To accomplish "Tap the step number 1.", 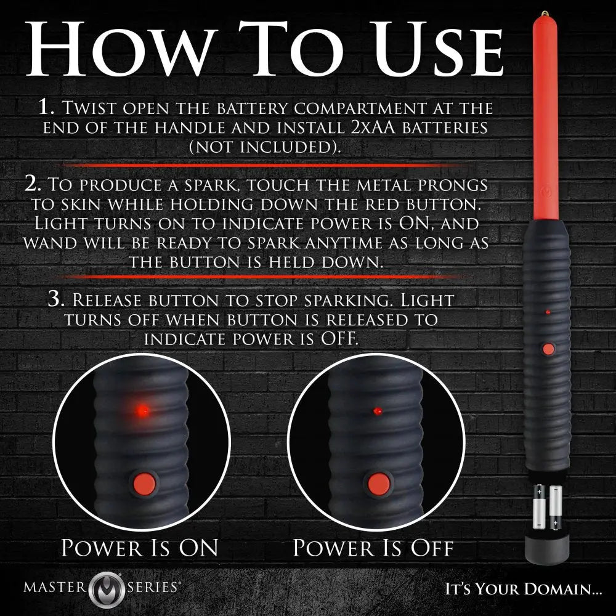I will coord(47,108).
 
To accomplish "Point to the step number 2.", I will coord(33,185).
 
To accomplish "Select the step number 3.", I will coord(56,300).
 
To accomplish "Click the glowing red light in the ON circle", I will coord(142,408).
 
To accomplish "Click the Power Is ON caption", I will coord(140,546).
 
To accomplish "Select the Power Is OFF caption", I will coord(373,546).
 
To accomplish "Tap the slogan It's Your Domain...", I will coord(524,588).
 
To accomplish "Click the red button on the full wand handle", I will coord(548,349).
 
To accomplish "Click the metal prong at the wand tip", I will coord(544,12).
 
